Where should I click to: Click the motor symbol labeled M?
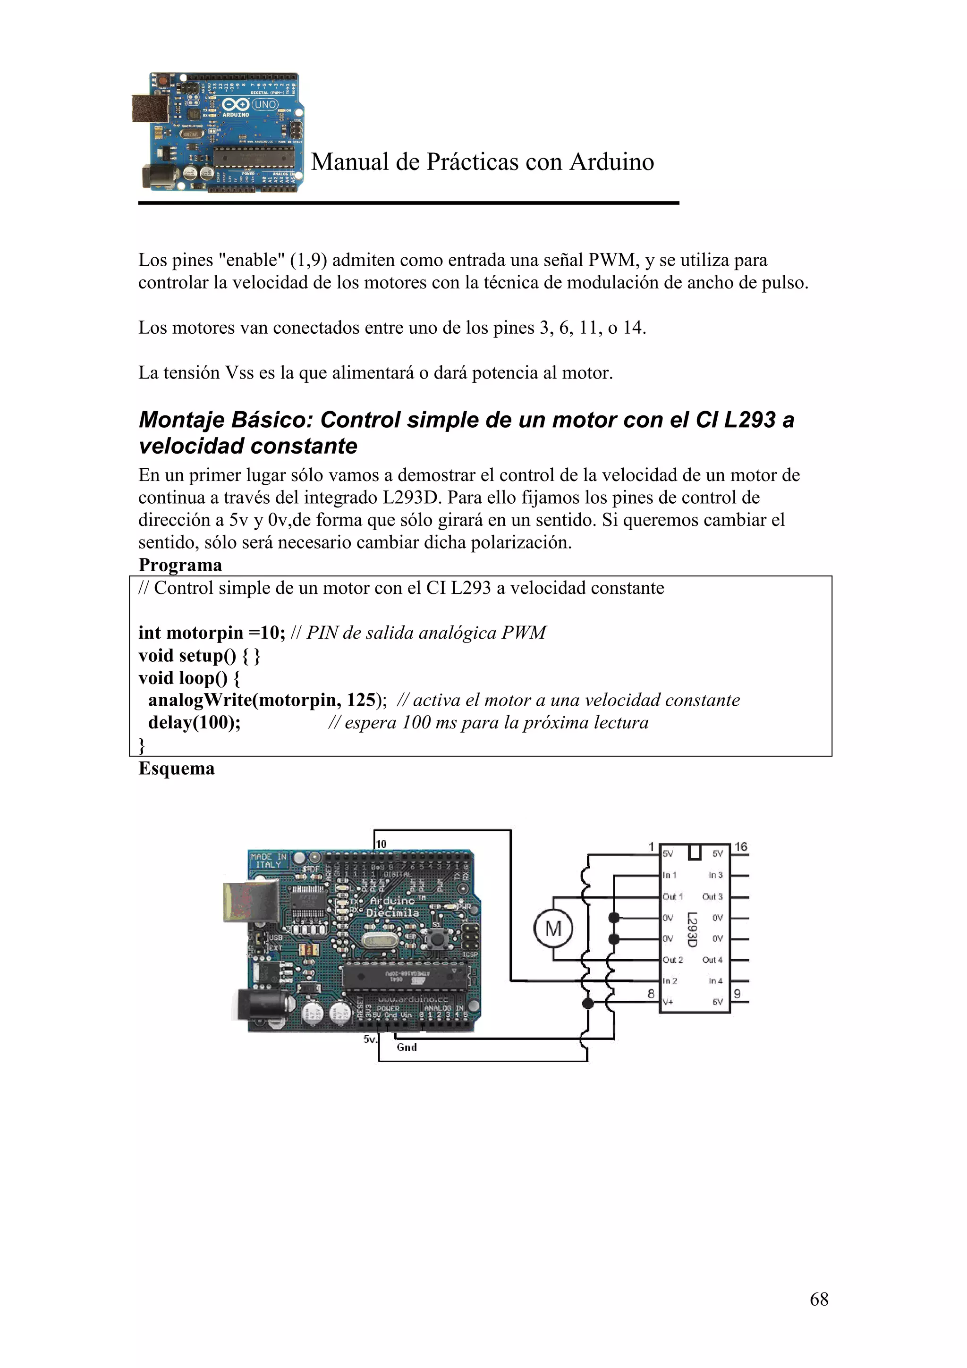[x=553, y=928]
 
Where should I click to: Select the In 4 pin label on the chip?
[x=715, y=981]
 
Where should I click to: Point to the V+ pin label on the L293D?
[x=668, y=1002]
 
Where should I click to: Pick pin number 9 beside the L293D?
[x=737, y=993]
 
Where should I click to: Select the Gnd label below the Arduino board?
[x=407, y=1047]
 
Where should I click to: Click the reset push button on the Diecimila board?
[x=438, y=939]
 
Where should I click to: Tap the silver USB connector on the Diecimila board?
[x=249, y=902]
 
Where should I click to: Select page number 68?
[x=819, y=1299]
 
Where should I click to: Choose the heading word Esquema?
[x=177, y=768]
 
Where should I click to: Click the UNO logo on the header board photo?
[x=264, y=104]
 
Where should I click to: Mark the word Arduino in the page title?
[x=611, y=162]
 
